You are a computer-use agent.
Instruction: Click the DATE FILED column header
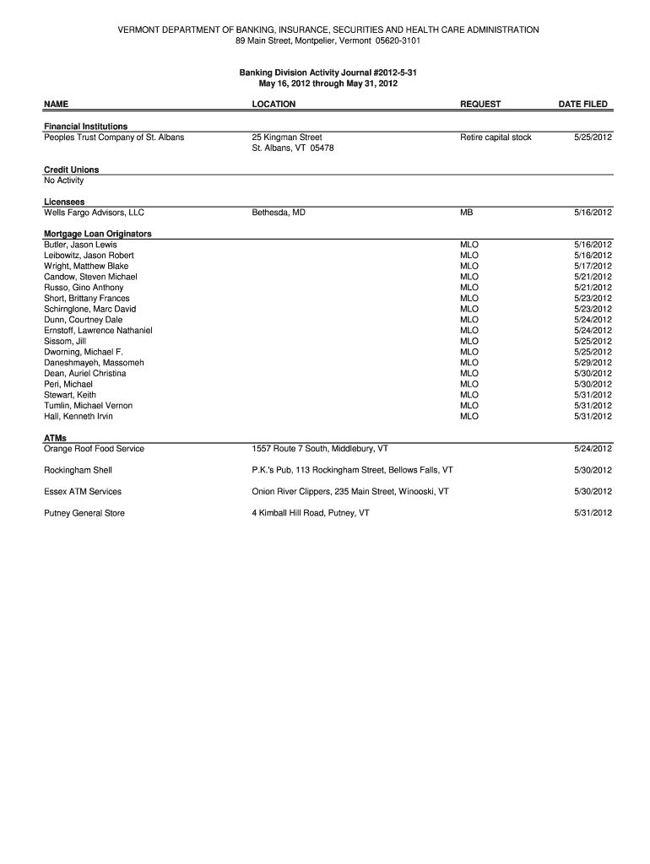tap(582, 105)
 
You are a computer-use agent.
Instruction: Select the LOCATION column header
tap(274, 105)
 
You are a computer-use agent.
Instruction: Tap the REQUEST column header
tap(480, 105)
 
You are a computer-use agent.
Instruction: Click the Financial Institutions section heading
tap(86, 127)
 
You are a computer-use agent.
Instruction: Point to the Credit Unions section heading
tap(71, 170)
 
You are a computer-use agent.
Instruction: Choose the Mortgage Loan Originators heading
tap(97, 234)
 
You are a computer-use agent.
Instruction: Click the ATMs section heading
tap(56, 438)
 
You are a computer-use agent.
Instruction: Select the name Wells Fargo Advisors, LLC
tap(95, 213)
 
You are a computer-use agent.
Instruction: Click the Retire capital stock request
tap(496, 138)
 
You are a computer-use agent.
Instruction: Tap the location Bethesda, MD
tap(279, 213)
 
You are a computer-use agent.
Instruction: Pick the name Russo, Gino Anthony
tap(84, 288)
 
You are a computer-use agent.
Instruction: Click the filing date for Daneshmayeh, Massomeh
tap(593, 363)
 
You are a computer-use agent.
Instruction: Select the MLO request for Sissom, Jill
tap(469, 341)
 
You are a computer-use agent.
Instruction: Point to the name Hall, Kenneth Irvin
tap(79, 416)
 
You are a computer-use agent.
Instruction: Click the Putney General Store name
tap(84, 513)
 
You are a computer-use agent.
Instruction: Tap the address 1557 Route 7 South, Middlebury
tap(320, 449)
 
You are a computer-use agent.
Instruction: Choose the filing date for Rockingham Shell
tap(593, 470)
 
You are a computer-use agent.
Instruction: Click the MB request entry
tap(467, 213)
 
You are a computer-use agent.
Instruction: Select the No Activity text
tap(64, 181)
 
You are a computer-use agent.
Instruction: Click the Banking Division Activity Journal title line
tap(328, 73)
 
